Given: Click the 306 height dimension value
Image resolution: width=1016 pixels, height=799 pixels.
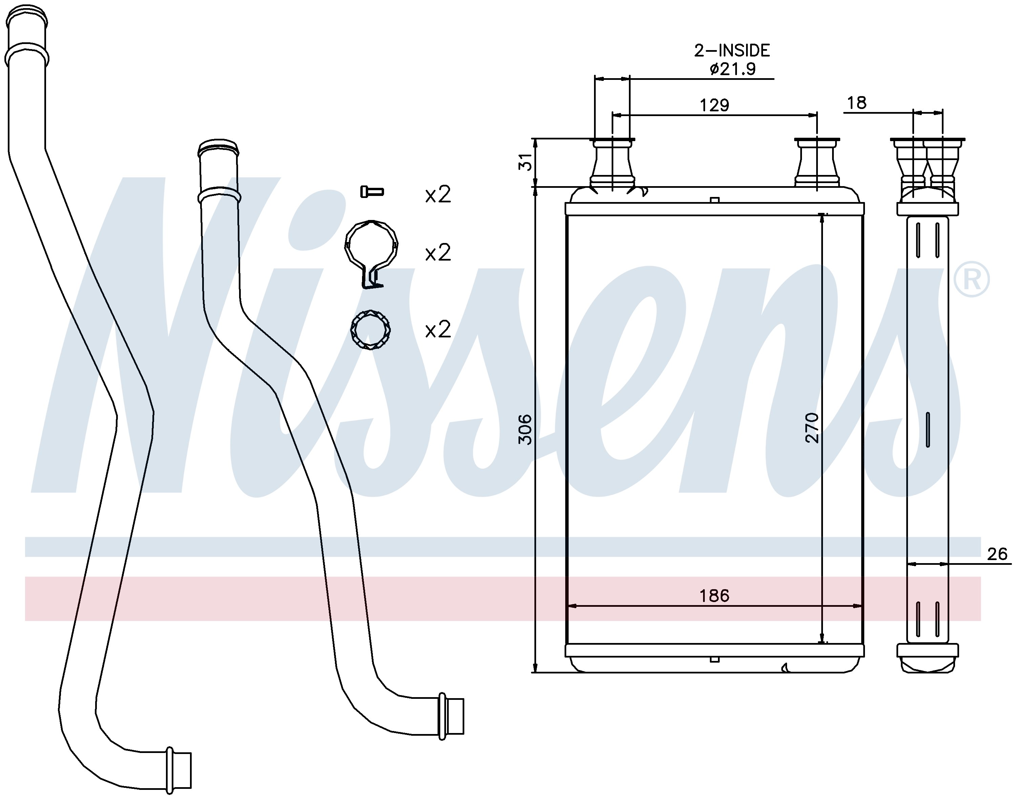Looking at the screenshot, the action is (x=526, y=429).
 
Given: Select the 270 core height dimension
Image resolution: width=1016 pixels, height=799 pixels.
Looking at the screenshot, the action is (x=812, y=427).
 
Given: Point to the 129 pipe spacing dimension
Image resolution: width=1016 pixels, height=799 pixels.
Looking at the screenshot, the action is (x=715, y=105).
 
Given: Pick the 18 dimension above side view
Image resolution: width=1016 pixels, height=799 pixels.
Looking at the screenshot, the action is (x=857, y=103).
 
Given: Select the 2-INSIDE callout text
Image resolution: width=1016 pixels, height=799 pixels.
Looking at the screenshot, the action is (x=732, y=50).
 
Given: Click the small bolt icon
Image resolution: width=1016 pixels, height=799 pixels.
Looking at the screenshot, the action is (x=372, y=191).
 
